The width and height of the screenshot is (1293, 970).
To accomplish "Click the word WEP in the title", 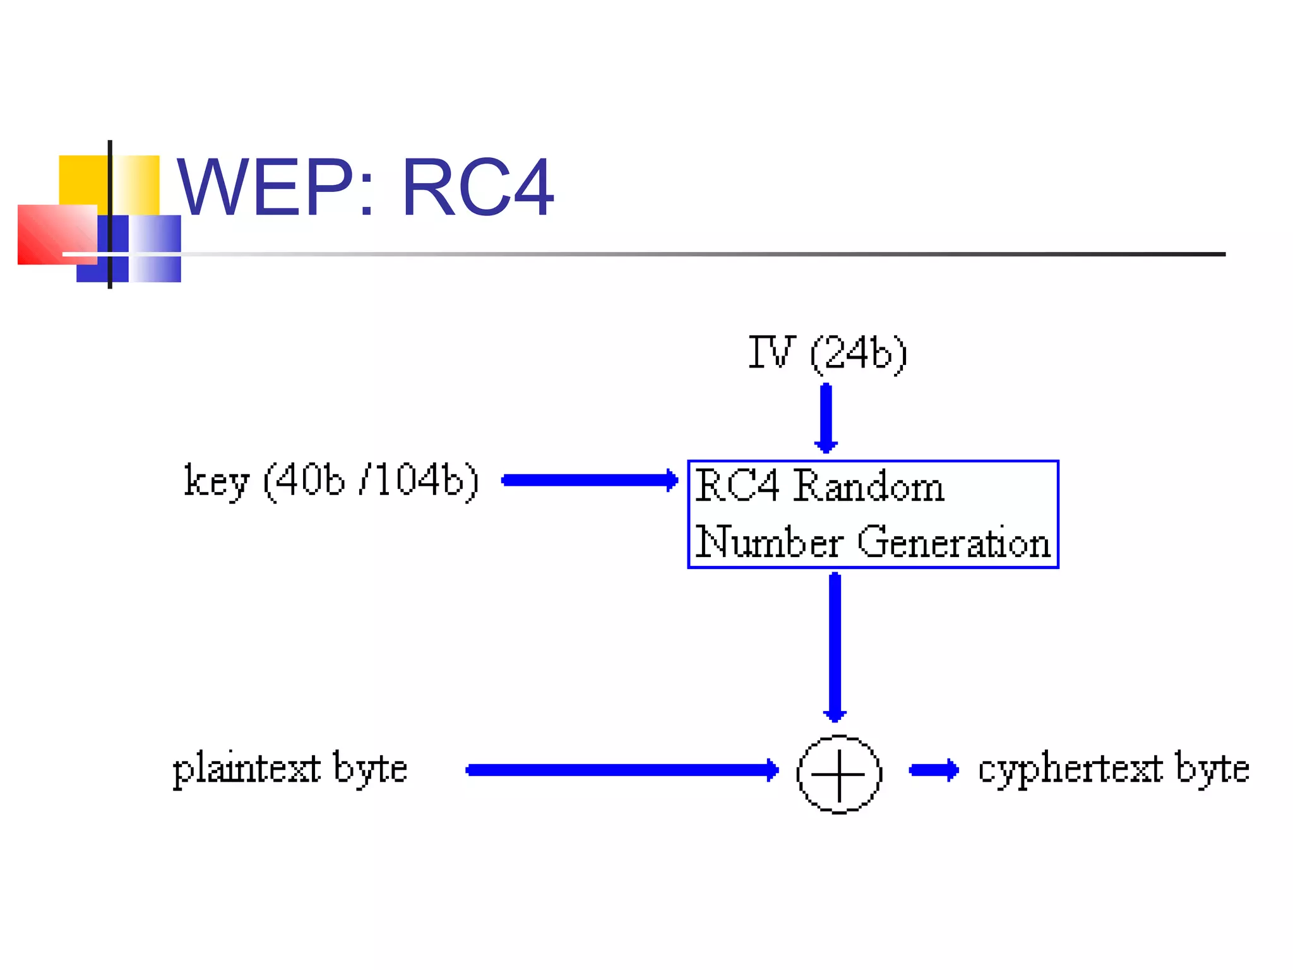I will (x=265, y=188).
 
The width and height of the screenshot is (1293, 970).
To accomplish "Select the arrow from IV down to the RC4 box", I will (x=826, y=418).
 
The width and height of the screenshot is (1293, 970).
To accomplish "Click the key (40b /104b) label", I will (x=331, y=481).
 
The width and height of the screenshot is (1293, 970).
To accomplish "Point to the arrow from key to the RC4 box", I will (x=589, y=481).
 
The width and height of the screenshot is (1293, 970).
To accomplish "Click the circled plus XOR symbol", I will (x=838, y=774).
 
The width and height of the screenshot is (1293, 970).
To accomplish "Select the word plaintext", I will (x=246, y=769).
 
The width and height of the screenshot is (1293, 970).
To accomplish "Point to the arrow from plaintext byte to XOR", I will (x=622, y=770).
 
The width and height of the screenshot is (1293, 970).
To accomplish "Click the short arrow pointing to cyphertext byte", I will (x=933, y=770).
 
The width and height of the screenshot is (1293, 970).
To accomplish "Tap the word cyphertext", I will (x=1070, y=769).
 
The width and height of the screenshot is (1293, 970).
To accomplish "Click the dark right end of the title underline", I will (x=1200, y=254).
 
